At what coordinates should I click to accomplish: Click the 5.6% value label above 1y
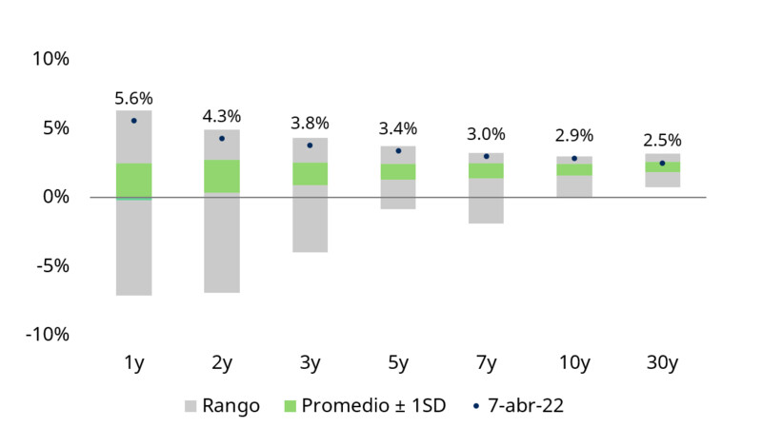[134, 98]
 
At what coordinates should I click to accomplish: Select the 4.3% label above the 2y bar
[222, 116]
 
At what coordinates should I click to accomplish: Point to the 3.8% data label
[310, 123]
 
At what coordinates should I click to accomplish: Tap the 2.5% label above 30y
[662, 141]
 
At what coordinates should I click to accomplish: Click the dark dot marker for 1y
[134, 121]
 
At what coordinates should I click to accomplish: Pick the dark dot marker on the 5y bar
[398, 150]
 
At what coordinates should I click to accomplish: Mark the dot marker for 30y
[662, 163]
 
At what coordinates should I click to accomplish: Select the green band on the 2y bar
[222, 176]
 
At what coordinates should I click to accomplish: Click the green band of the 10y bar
[574, 169]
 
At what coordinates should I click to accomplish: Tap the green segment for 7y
[486, 170]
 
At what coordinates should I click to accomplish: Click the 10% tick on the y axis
[51, 59]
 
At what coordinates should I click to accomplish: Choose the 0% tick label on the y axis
[55, 197]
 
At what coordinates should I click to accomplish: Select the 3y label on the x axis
[310, 362]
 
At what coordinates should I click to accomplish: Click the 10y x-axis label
[574, 362]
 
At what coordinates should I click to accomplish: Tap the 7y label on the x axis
[486, 362]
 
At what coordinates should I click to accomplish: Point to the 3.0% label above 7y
[486, 134]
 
